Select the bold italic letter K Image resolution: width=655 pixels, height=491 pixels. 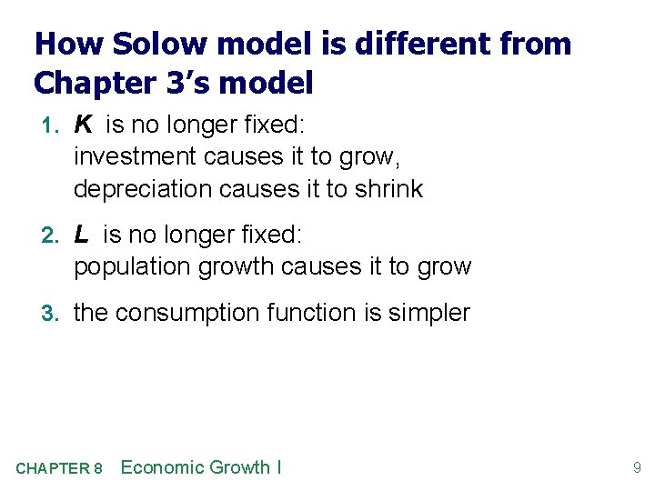83,125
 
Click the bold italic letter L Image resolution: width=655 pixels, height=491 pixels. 82,235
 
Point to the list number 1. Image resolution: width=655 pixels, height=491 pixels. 53,125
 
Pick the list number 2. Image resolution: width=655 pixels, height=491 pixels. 53,235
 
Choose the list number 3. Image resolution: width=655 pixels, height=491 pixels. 53,314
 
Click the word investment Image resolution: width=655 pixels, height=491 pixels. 136,156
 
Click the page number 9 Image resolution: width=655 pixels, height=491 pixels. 637,468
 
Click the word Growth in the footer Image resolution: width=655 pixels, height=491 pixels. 239,467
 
